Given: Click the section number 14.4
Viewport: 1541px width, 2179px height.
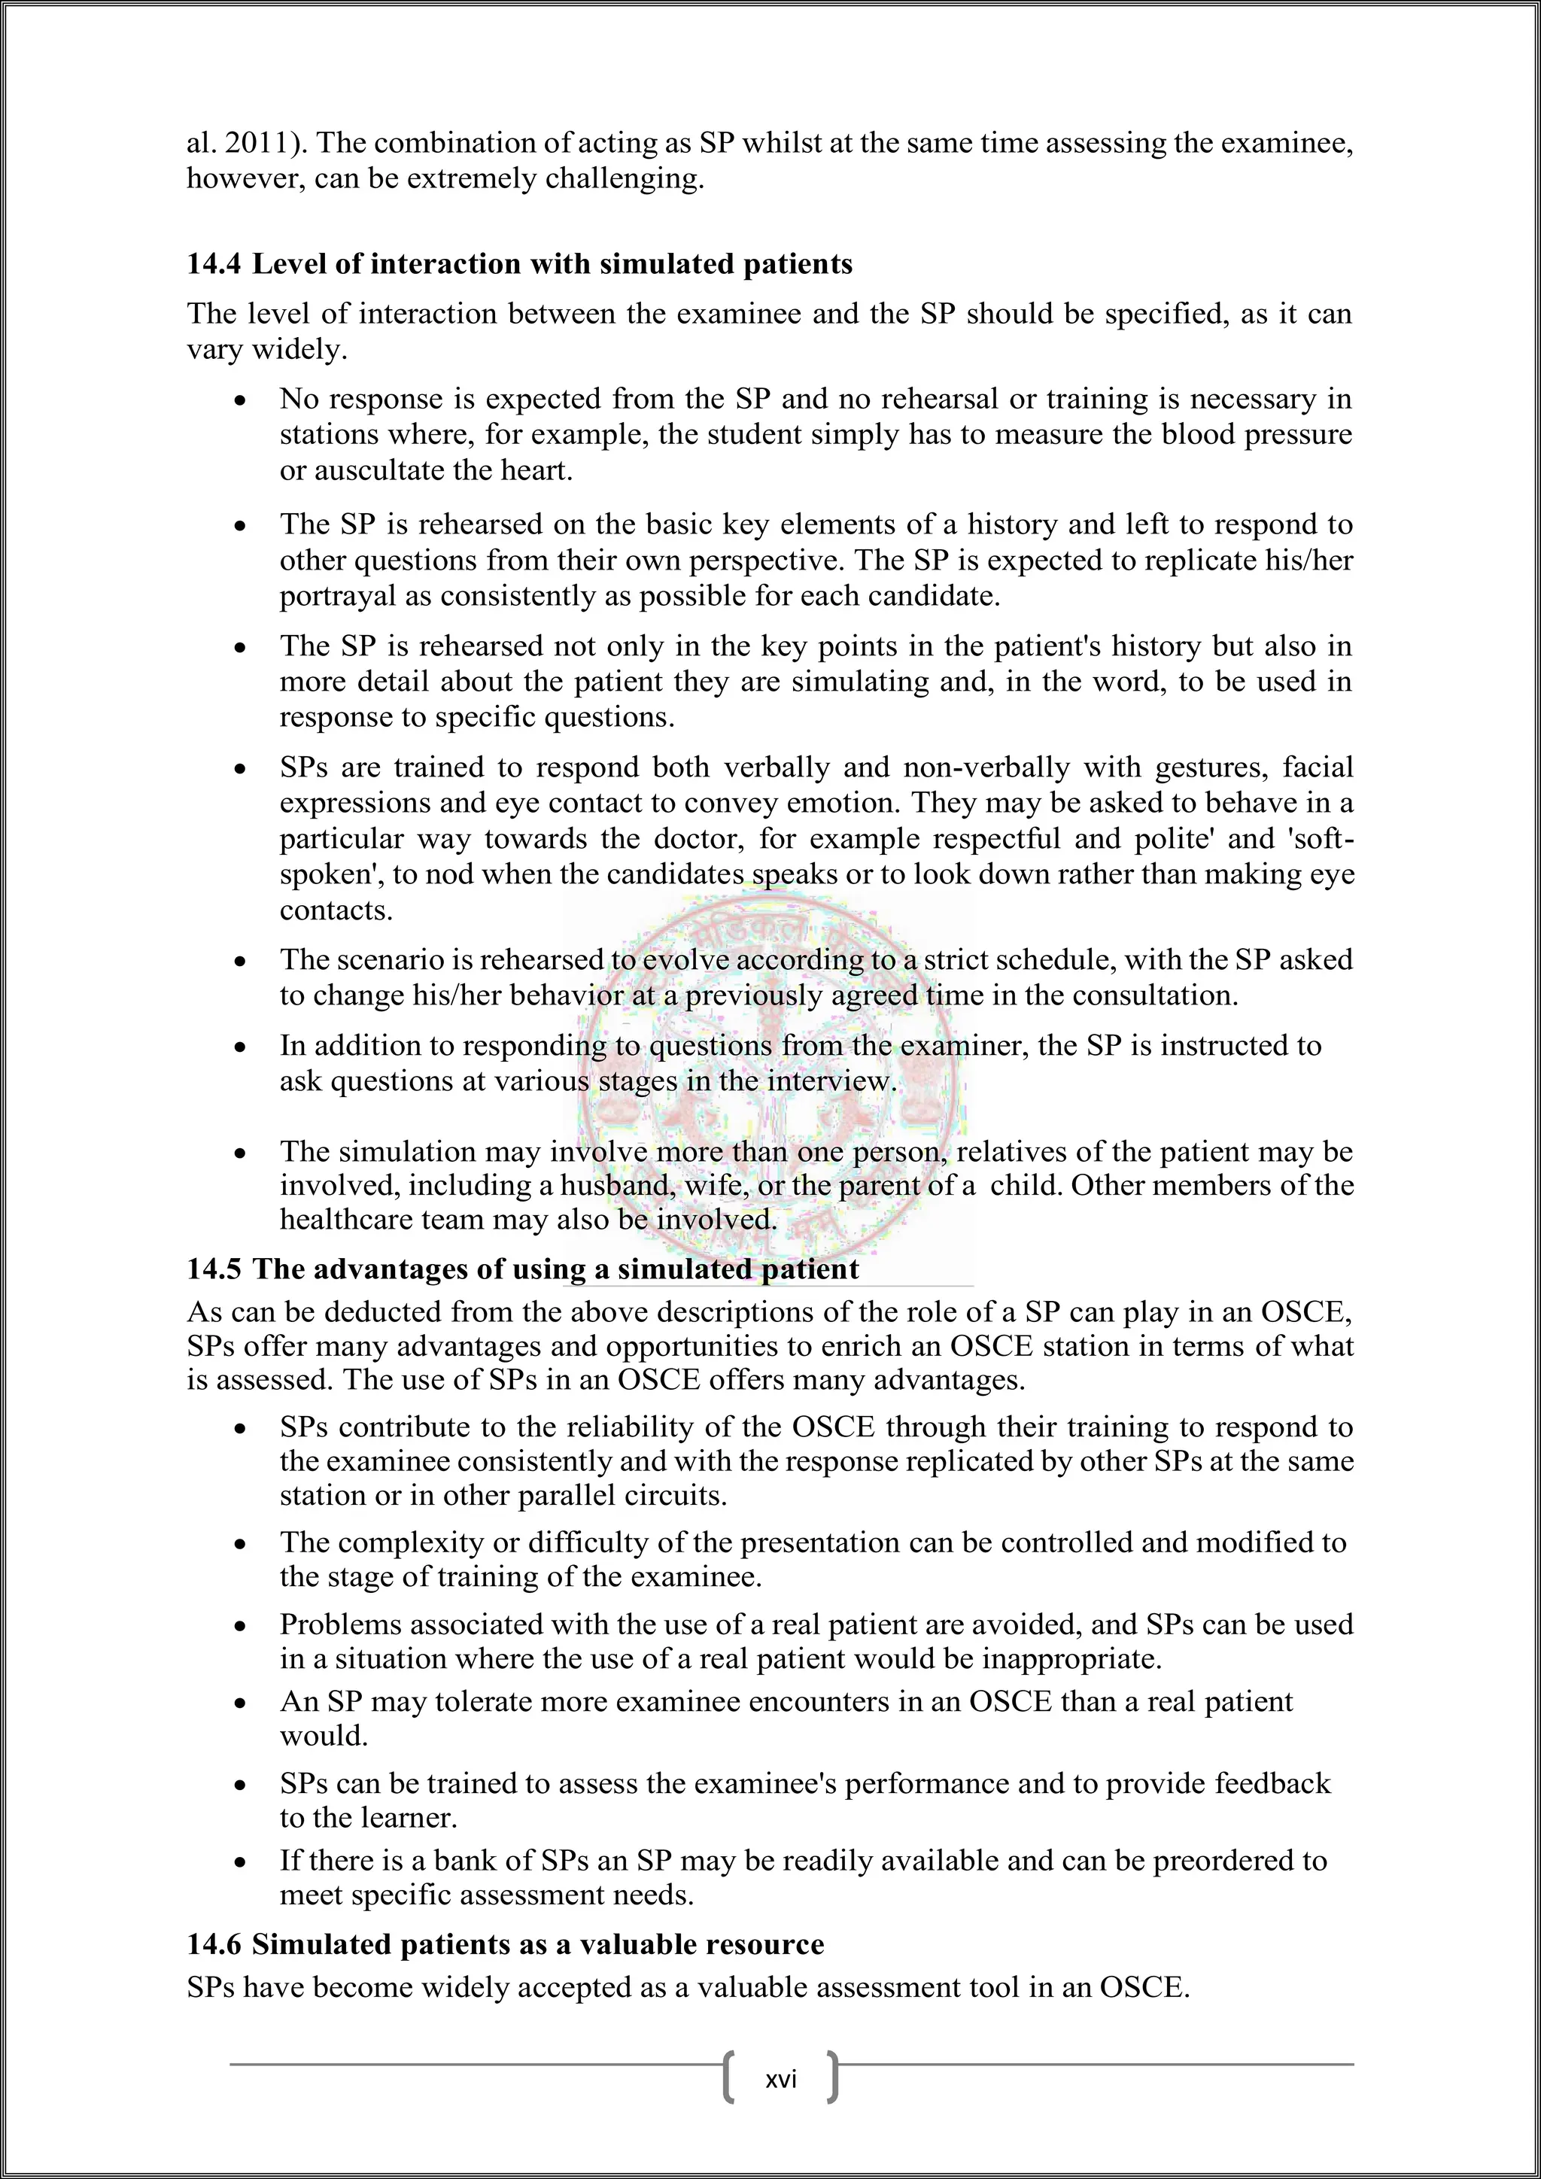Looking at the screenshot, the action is click(214, 264).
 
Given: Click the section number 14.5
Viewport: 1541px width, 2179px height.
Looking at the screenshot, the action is click(214, 1269).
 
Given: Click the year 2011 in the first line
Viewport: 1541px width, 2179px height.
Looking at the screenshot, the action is click(262, 143).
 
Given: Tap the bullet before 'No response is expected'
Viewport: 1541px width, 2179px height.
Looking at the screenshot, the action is click(242, 403).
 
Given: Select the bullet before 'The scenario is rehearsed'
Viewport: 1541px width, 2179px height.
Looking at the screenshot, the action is click(242, 962).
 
